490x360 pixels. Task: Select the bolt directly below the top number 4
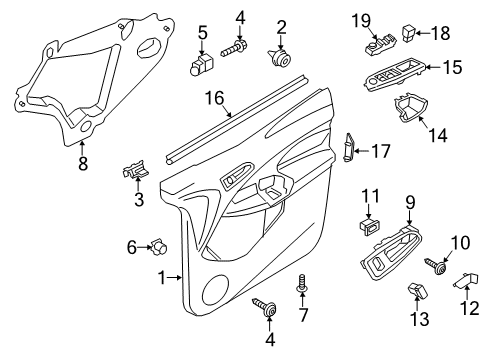coord(240,45)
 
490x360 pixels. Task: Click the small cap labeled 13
coord(418,290)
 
